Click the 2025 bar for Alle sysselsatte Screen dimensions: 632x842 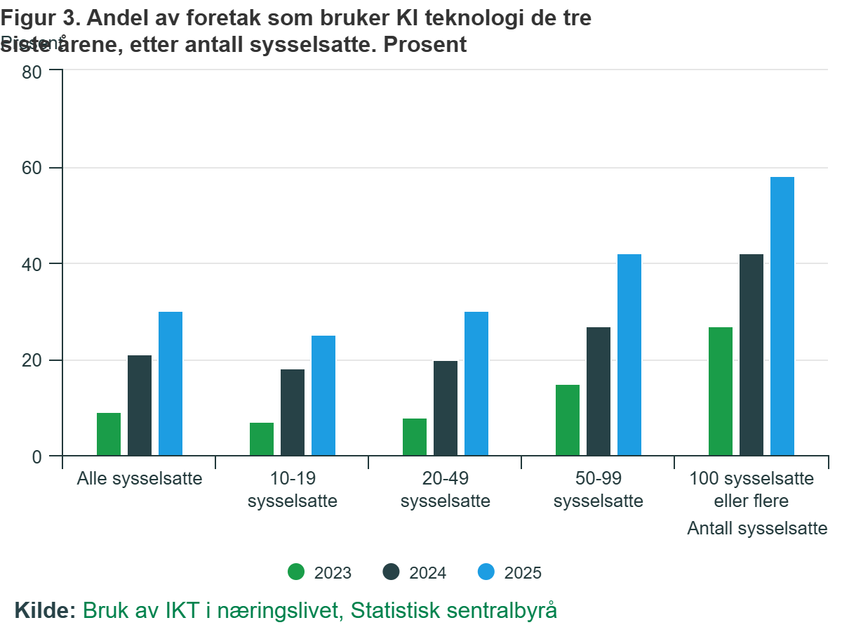[x=171, y=384]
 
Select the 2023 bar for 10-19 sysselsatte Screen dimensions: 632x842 [x=262, y=440]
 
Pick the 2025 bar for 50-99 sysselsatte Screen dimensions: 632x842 [x=629, y=355]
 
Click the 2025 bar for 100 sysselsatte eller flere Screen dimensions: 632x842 [x=782, y=317]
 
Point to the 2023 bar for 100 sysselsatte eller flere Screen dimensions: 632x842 [x=721, y=392]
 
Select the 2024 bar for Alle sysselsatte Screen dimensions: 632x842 [x=140, y=406]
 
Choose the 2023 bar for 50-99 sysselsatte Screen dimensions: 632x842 [x=568, y=421]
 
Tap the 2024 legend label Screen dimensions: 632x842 [x=427, y=573]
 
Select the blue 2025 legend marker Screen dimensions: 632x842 [x=487, y=572]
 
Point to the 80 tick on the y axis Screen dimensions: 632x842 [x=33, y=72]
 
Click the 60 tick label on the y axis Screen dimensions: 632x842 [x=33, y=168]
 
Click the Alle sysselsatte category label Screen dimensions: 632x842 [x=140, y=480]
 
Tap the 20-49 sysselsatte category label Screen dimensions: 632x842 [x=446, y=490]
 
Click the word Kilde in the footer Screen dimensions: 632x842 [x=44, y=610]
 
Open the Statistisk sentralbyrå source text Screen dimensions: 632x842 [x=454, y=610]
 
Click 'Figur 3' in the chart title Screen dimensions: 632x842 [x=35, y=19]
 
